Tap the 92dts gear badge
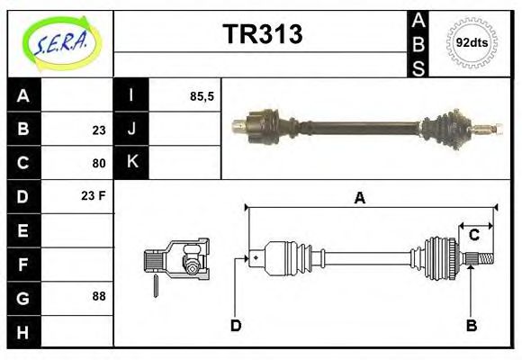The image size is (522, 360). click(x=472, y=42)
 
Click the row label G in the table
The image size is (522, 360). click(x=23, y=297)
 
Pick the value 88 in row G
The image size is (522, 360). click(x=98, y=297)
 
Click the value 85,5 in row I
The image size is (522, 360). click(x=202, y=95)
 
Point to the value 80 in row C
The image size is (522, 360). click(x=98, y=163)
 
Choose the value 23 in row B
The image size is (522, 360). click(x=98, y=130)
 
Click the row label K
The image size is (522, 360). click(x=131, y=163)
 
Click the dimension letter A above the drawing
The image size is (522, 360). click(x=359, y=199)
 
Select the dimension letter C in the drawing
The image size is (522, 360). click(x=473, y=236)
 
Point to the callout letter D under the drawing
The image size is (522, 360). click(x=236, y=325)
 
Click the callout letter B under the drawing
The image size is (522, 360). click(x=471, y=325)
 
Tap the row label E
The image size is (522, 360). click(x=23, y=230)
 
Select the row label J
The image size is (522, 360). click(x=131, y=130)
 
